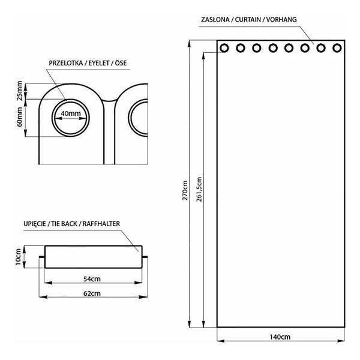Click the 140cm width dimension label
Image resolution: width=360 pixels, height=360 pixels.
tap(280, 337)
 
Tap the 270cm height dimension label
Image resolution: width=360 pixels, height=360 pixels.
tap(185, 190)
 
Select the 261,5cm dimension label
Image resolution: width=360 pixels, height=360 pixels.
tap(199, 190)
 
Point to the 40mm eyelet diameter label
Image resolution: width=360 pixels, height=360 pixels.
tap(71, 113)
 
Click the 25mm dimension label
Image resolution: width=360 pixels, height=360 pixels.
tap(20, 91)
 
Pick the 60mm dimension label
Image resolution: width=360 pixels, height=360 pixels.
tap(20, 117)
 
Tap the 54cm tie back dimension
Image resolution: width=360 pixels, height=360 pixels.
tap(92, 279)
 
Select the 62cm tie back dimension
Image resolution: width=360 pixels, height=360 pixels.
tap(92, 293)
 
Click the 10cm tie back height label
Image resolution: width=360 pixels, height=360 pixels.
tap(18, 257)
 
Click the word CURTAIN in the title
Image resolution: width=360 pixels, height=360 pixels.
tap(248, 20)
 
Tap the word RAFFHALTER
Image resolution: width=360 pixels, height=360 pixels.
tap(101, 224)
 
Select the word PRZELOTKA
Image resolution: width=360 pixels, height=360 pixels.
tap(66, 63)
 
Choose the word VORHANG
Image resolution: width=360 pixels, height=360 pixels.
tap(281, 20)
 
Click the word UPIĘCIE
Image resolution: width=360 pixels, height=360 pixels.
tap(35, 224)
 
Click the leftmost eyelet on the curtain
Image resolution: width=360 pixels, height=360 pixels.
tap(224, 48)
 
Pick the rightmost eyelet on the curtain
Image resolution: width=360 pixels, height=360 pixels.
tap(337, 48)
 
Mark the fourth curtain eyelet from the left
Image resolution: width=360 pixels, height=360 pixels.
tap(273, 48)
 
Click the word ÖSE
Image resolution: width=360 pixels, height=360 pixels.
tap(121, 63)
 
